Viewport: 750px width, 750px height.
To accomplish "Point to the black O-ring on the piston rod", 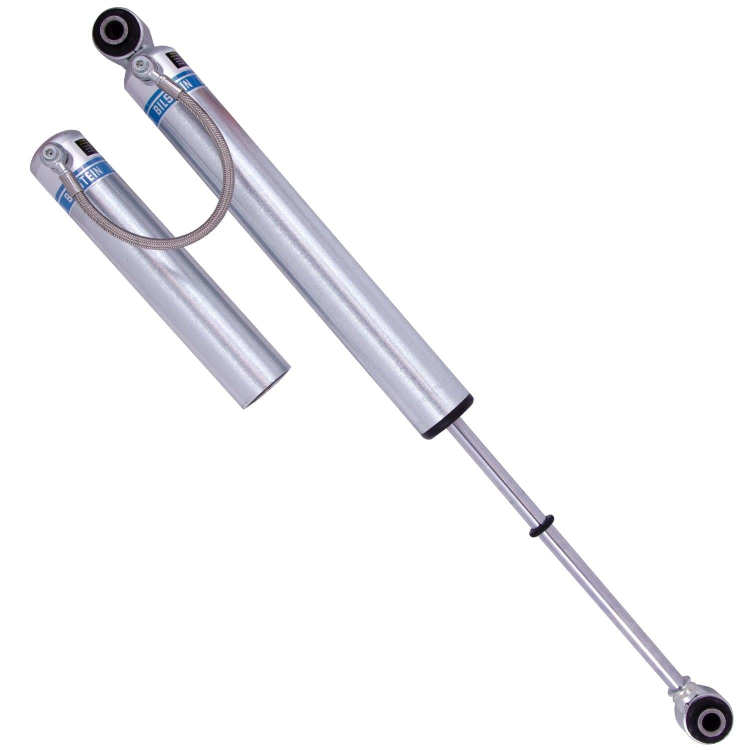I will (541, 526).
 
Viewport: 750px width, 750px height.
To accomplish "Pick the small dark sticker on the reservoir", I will (86, 146).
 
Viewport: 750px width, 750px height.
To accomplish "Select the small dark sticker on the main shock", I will (175, 59).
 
